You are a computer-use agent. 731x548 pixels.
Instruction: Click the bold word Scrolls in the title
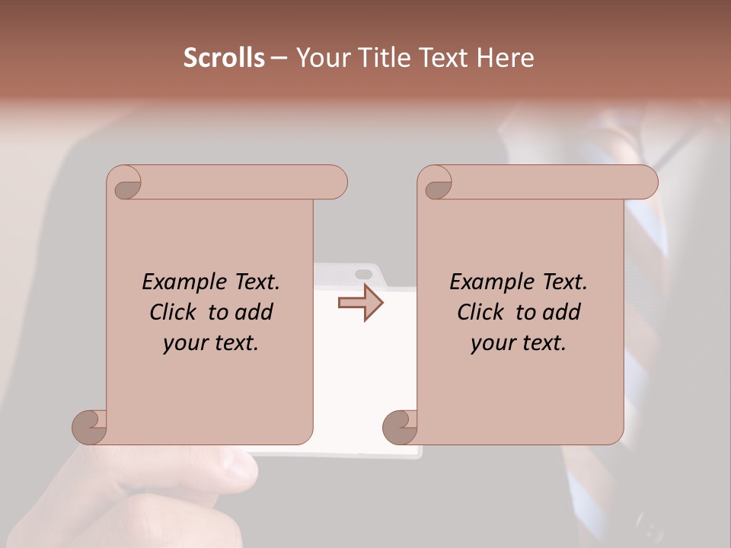[x=224, y=58]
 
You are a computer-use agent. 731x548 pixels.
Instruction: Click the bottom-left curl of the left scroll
[x=88, y=426]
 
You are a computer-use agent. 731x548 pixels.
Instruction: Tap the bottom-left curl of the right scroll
[x=399, y=426]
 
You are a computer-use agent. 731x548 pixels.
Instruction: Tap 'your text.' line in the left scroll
[x=211, y=342]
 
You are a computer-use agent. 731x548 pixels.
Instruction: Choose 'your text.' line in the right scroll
[x=519, y=342]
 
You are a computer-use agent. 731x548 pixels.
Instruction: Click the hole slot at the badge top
[x=364, y=273]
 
